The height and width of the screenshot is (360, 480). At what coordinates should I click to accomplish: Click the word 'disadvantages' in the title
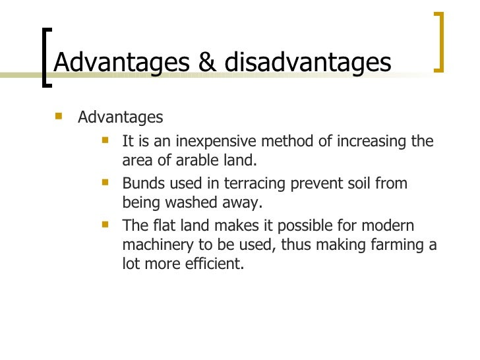point(308,62)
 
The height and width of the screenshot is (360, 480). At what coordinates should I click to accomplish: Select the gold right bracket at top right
point(440,41)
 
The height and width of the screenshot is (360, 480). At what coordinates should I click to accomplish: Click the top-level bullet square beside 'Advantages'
point(59,117)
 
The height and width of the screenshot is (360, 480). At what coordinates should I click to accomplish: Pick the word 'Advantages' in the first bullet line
point(120,117)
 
